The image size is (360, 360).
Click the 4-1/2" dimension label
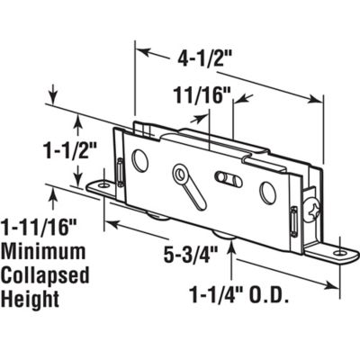tap(204, 62)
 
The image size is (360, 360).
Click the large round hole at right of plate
tap(266, 193)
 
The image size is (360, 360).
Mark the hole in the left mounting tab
tap(106, 185)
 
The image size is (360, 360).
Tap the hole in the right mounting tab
tap(339, 253)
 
